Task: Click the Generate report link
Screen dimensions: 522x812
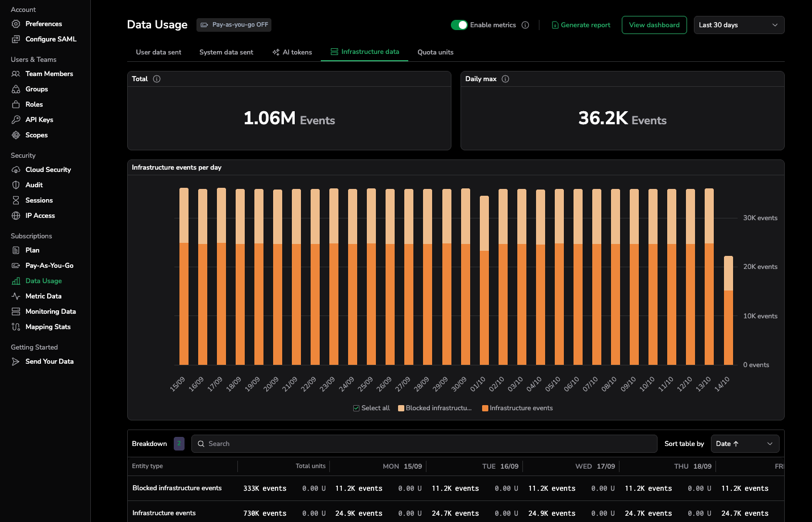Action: (x=581, y=25)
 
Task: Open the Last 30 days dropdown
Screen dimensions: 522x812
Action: (x=739, y=25)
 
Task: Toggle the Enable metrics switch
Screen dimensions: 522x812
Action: (x=459, y=25)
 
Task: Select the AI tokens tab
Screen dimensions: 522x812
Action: (x=292, y=52)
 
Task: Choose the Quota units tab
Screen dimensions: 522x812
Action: (x=436, y=52)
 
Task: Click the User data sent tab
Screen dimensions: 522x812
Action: (x=158, y=52)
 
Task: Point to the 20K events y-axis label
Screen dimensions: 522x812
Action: (x=760, y=267)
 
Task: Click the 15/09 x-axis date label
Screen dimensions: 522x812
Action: (x=178, y=384)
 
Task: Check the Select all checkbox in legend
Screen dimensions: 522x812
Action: (x=357, y=408)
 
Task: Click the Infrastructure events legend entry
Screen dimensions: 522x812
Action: (x=517, y=408)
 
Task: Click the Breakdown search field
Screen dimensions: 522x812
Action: (x=424, y=444)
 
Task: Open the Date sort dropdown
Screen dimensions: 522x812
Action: (x=744, y=444)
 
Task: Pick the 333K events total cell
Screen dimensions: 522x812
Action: (x=265, y=489)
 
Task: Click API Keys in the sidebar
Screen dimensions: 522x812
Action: (x=39, y=120)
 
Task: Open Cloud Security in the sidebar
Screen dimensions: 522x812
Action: (x=48, y=170)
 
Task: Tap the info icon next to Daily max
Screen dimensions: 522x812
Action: (x=505, y=79)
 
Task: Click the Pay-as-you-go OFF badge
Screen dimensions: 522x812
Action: (x=234, y=25)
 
